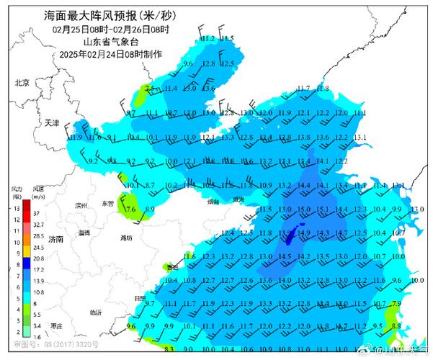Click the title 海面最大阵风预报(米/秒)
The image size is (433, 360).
point(111,14)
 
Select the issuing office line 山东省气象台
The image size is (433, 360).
point(112,42)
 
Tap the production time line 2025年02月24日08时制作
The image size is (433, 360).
point(112,54)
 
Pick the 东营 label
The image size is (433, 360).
point(108,204)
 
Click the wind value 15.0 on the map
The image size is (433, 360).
point(285,210)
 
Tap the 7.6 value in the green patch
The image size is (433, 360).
point(131,210)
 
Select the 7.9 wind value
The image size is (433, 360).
point(396,304)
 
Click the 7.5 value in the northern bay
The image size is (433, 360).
point(151,89)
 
